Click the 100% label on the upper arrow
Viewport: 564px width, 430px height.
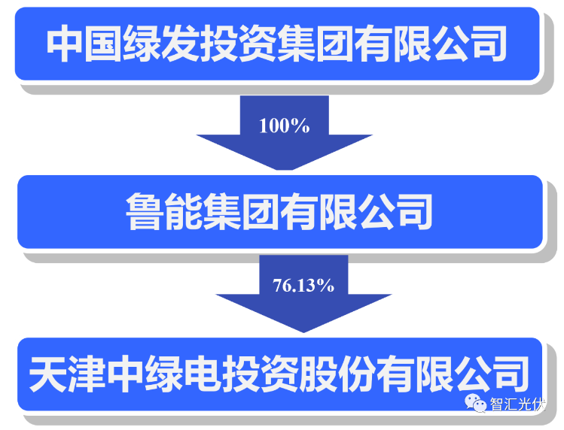[284, 126]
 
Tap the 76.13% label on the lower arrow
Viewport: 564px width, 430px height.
[303, 286]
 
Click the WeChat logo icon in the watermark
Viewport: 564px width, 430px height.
[475, 403]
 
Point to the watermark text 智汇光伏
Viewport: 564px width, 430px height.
[517, 404]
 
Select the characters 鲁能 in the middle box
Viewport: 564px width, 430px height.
[164, 211]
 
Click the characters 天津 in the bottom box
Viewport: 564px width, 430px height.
[67, 374]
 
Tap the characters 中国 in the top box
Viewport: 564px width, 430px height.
[84, 44]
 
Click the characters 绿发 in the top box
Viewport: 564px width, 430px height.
[161, 44]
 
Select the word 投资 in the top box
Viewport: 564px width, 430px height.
[238, 44]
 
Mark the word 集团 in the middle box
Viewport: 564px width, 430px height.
[241, 211]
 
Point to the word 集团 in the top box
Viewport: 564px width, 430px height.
[315, 44]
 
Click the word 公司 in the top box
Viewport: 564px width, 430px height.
[468, 44]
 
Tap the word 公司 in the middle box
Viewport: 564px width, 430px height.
[395, 211]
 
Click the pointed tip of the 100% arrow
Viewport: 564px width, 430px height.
[284, 170]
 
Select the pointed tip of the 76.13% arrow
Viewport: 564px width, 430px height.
[303, 332]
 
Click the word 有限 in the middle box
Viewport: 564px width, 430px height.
[318, 211]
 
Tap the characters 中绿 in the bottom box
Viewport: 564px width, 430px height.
[145, 374]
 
